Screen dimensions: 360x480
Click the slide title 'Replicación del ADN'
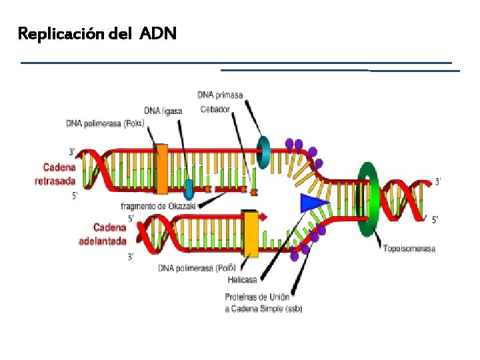97,33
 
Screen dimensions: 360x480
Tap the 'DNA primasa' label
220,95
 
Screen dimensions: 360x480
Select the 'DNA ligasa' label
163,111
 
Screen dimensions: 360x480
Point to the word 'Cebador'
215,109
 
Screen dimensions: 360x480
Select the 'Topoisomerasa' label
409,249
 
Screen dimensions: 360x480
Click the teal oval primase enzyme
265,153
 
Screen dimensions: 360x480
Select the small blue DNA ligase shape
189,189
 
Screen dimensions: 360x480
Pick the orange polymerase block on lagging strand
161,169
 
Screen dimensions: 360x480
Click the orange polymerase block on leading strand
251,234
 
